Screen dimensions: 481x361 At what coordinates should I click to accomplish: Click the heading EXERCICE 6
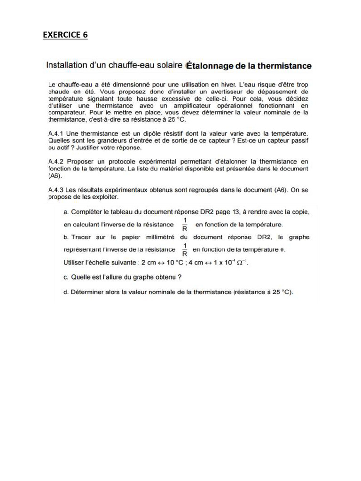(65, 35)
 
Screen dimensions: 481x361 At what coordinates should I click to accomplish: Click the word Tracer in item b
(82, 237)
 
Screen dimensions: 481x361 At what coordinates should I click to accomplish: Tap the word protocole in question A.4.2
(127, 161)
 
